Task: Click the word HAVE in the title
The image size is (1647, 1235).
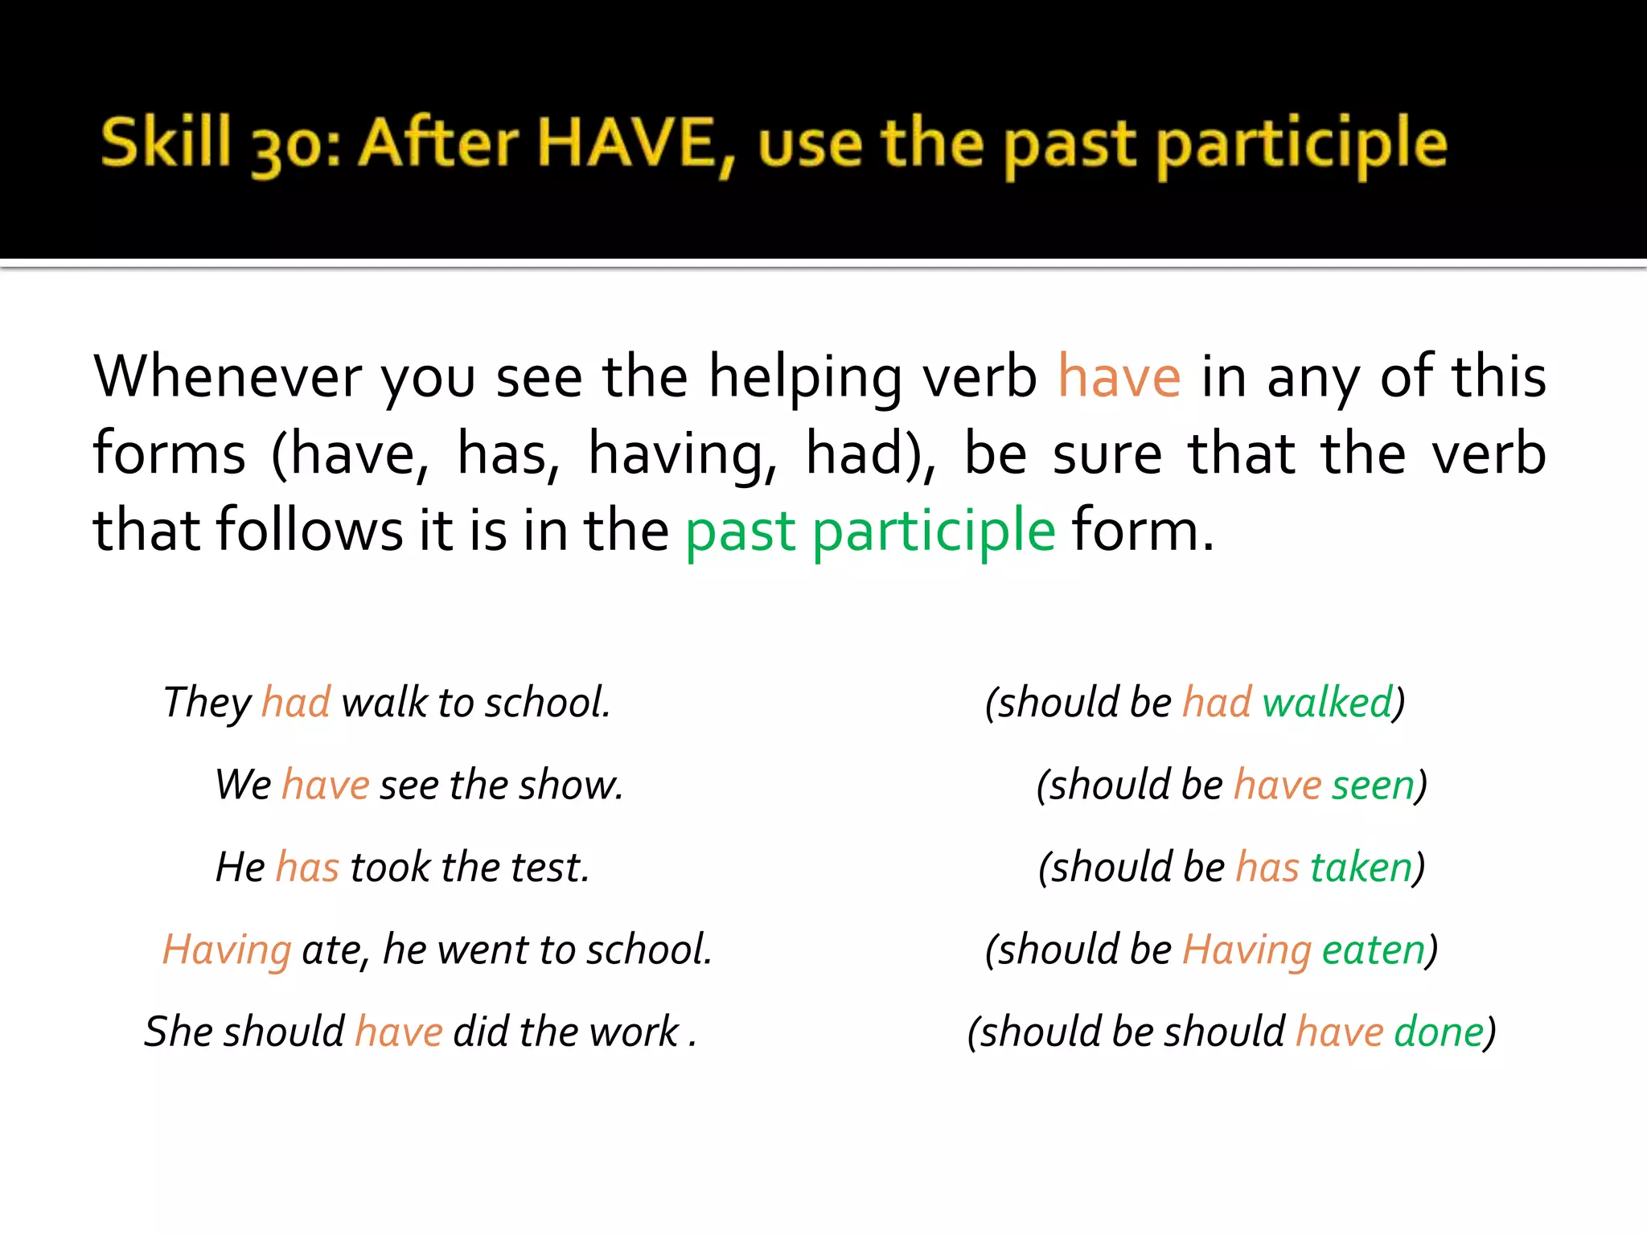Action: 625,142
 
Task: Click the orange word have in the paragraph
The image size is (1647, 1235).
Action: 1119,376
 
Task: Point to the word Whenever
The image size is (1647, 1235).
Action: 228,376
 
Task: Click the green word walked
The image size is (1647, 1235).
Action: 1327,703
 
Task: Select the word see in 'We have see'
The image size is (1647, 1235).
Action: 409,785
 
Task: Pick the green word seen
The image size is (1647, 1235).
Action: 1373,785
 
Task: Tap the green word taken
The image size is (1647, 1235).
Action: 1361,867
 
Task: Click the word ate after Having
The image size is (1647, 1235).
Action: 329,950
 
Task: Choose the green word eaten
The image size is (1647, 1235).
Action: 1374,950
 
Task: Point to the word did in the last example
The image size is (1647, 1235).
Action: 481,1032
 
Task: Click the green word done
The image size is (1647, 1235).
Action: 1439,1032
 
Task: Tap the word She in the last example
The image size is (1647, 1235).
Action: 177,1032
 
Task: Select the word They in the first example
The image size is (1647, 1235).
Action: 207,703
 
